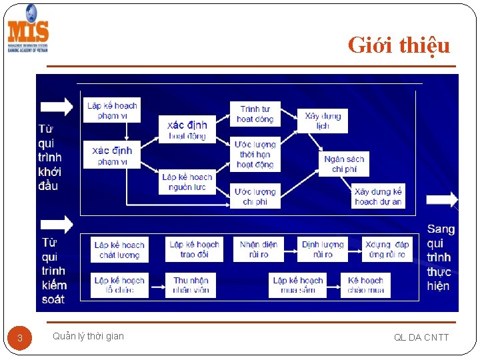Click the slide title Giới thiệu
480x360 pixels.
(x=399, y=45)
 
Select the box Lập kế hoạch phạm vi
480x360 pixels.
(x=112, y=110)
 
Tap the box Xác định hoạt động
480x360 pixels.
(x=187, y=129)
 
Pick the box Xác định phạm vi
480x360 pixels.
(x=112, y=155)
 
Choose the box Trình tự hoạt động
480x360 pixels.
(x=255, y=114)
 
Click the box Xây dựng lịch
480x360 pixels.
(x=323, y=121)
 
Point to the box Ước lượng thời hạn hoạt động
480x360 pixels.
(x=255, y=154)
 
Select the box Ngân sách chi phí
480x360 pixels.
(x=344, y=164)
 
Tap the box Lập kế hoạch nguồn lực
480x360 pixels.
(x=187, y=182)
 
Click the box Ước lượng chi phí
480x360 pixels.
(x=255, y=196)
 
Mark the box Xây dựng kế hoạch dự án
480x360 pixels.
(x=378, y=196)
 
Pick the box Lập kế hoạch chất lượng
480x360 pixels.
(x=119, y=249)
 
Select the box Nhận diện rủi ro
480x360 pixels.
(x=259, y=249)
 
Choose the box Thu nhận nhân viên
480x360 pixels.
(x=191, y=285)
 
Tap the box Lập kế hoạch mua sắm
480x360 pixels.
(x=298, y=285)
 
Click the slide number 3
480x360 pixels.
(x=20, y=338)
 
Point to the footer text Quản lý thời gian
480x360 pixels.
(x=88, y=336)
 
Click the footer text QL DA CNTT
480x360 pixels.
(x=421, y=337)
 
